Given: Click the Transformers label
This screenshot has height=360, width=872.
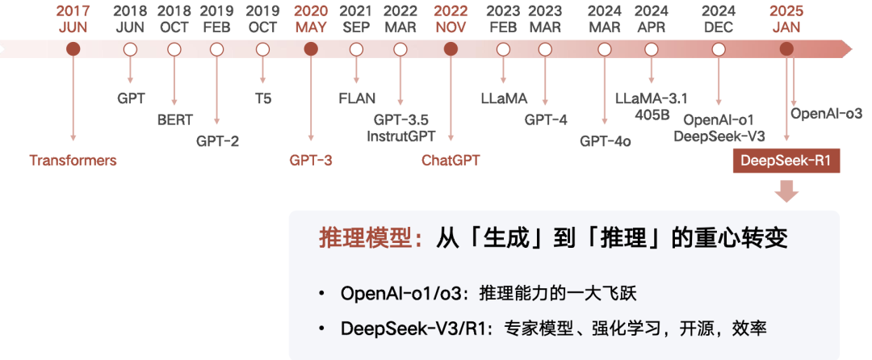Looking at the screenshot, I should [x=73, y=160].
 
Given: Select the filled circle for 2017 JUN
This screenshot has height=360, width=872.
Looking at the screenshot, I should [x=73, y=49].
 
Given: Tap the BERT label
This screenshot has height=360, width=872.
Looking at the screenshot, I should [x=175, y=119].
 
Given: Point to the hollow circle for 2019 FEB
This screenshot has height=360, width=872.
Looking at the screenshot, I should [x=216, y=49].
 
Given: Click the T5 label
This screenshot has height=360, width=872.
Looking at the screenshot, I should [x=262, y=98].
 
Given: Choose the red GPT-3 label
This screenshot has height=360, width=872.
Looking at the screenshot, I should [x=311, y=160].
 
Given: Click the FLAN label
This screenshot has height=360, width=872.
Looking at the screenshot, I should [x=357, y=98].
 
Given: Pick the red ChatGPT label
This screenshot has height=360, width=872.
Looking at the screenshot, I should [x=451, y=160].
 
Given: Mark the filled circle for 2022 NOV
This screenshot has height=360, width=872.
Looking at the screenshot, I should [x=451, y=49].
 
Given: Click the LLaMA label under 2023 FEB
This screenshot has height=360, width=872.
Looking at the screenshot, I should [x=504, y=98].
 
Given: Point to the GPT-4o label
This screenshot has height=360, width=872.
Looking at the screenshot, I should [x=605, y=140].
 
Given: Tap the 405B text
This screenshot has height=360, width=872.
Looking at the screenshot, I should [x=651, y=114].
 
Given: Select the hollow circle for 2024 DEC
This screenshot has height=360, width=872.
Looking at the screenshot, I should [x=719, y=49].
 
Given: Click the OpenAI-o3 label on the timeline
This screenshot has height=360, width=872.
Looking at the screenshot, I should [x=826, y=113].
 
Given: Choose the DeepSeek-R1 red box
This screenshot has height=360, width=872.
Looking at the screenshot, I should [x=786, y=161].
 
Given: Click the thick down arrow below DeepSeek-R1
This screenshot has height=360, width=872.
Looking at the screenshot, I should [x=786, y=192].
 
